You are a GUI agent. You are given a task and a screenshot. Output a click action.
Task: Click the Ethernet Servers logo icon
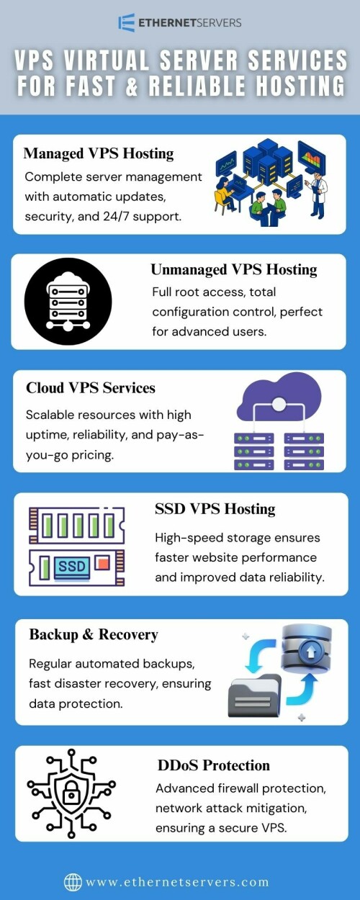coord(126,22)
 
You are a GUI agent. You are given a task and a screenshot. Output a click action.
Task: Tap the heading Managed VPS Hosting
coord(99,153)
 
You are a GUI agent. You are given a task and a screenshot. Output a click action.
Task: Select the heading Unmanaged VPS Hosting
coord(234,269)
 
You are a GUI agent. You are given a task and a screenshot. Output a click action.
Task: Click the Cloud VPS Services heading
coord(91,388)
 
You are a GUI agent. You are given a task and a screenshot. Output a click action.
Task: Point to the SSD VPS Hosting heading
coord(215,508)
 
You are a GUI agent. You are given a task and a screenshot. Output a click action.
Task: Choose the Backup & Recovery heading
coord(94,634)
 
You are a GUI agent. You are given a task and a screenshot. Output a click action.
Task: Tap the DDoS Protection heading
coord(213,765)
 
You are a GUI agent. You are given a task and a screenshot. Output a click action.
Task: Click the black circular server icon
coord(68,302)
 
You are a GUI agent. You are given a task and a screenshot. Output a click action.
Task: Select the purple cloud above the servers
coord(279,396)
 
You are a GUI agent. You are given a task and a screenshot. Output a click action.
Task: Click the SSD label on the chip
coord(72,566)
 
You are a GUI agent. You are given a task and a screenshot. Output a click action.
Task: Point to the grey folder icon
coord(255,696)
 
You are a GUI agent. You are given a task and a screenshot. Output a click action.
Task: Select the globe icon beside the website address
coord(73,882)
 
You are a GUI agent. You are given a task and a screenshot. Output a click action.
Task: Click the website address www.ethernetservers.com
coord(177,882)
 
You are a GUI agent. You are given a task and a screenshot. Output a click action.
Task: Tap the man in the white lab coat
coord(318,195)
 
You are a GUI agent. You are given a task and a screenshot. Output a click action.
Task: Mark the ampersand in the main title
coord(132,86)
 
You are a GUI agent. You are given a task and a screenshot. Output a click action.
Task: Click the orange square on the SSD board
coord(103,563)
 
